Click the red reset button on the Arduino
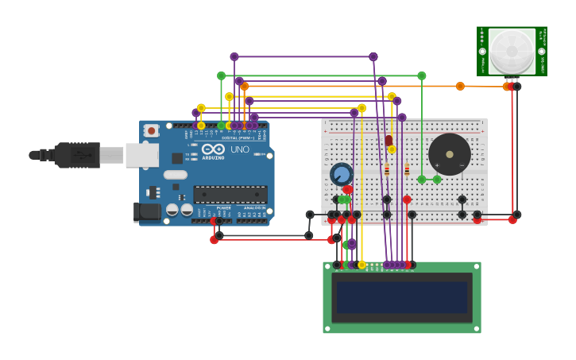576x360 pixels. pyautogui.click(x=151, y=130)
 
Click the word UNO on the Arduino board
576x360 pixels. pyautogui.click(x=240, y=149)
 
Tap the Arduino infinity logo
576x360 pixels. pyautogui.click(x=212, y=149)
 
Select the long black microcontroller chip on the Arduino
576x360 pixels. pyautogui.click(x=230, y=194)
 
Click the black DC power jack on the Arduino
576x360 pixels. pyautogui.click(x=147, y=212)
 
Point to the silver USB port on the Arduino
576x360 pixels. pyautogui.click(x=141, y=155)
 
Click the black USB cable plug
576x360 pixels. pyautogui.click(x=77, y=155)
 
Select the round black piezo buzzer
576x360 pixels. pyautogui.click(x=450, y=154)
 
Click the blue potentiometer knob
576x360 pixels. pyautogui.click(x=341, y=174)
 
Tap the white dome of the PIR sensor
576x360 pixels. pyautogui.click(x=512, y=51)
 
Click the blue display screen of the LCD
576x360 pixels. pyautogui.click(x=401, y=297)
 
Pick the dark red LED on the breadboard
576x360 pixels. pyautogui.click(x=389, y=141)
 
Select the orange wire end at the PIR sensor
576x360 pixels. pyautogui.click(x=507, y=86)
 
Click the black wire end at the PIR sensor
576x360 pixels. pyautogui.click(x=517, y=86)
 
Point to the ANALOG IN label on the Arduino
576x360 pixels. pyautogui.click(x=254, y=208)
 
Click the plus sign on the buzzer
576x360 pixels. pyautogui.click(x=437, y=165)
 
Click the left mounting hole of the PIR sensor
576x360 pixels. pyautogui.click(x=482, y=51)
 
